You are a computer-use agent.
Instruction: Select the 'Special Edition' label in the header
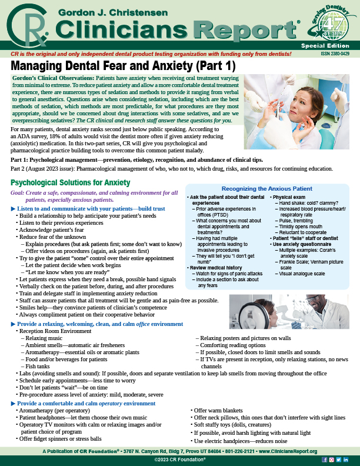(334, 43)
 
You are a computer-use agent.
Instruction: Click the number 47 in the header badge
(335, 24)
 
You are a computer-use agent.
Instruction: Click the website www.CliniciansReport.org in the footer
(288, 451)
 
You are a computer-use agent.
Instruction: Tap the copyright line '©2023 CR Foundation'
(180, 459)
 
